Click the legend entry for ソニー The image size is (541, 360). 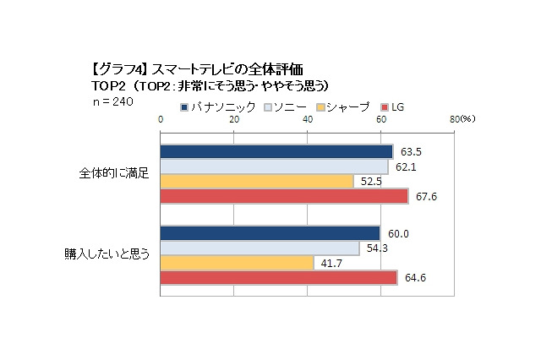pos(287,108)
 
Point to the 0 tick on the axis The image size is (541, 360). pos(161,120)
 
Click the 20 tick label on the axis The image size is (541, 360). pos(234,120)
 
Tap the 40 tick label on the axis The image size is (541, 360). pos(308,120)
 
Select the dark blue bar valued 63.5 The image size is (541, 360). pos(276,152)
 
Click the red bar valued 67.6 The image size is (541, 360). pos(284,196)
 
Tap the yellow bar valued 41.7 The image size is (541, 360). pos(237,262)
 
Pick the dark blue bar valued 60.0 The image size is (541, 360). pos(270,233)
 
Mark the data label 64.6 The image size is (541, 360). pos(414,277)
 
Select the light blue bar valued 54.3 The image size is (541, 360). pos(260,248)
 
